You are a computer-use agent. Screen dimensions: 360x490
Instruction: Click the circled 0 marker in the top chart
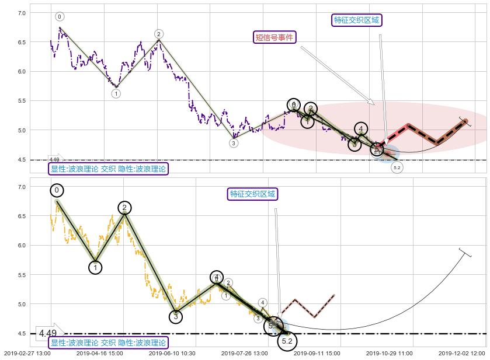coord(60,17)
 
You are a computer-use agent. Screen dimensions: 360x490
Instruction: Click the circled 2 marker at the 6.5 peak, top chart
coord(159,34)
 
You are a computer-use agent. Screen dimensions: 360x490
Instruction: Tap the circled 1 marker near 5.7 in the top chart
coord(116,93)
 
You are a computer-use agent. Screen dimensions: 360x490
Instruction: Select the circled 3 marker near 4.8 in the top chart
coord(234,143)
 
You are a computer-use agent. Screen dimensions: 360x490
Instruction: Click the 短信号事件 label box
coord(274,37)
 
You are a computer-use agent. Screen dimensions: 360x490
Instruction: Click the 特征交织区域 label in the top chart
coord(356,20)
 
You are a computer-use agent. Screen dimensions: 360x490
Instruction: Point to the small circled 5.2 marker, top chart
coord(397,168)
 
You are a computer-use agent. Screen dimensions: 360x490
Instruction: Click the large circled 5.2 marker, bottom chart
coord(287,341)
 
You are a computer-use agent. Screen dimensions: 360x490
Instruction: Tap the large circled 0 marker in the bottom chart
coord(57,190)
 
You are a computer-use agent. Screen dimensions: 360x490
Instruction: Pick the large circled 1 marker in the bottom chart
coord(96,267)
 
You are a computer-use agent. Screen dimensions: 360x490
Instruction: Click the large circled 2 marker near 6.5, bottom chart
coord(124,208)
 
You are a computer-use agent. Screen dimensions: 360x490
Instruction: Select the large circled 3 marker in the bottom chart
coord(176,317)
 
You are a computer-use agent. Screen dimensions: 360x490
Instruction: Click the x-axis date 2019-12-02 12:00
coord(462,353)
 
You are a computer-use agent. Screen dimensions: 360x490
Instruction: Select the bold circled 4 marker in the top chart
coord(362,129)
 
